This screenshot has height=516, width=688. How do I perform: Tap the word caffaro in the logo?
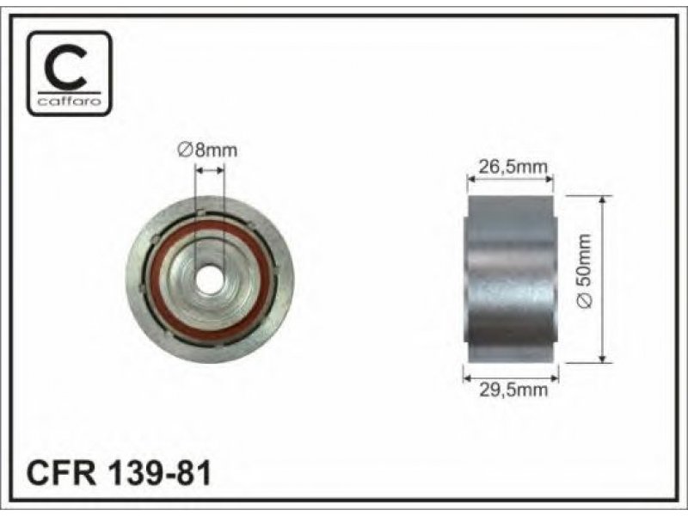click(x=70, y=101)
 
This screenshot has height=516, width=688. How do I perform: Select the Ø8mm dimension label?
click(x=207, y=150)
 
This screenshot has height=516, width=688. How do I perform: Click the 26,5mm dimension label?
click(x=513, y=167)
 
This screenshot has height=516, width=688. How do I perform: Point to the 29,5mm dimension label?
click(x=513, y=390)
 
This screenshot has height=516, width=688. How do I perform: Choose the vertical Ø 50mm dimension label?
click(x=586, y=271)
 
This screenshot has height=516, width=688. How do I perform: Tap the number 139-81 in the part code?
click(x=159, y=472)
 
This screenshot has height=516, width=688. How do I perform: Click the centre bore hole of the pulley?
click(x=209, y=279)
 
